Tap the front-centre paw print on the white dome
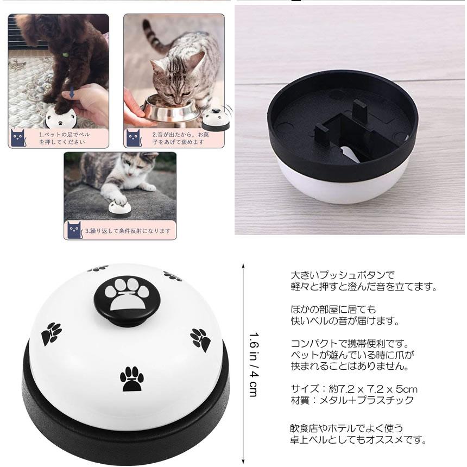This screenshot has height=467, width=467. coord(131,378)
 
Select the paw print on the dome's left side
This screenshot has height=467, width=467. coord(51,333)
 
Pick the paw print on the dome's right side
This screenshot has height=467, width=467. coord(200,340)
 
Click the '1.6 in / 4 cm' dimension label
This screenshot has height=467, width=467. coord(254,364)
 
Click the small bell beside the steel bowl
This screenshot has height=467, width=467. coord(216,119)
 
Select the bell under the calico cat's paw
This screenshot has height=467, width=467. coord(119,209)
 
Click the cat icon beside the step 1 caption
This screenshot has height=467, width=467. coord(18,137)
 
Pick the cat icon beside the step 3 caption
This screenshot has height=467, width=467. coord(75,230)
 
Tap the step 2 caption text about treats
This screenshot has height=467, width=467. coord(180,138)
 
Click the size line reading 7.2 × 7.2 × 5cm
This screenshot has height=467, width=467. coord(354,389)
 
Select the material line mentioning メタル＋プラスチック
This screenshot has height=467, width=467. coord(352,400)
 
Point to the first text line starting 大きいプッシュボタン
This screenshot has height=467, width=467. coord(343,275)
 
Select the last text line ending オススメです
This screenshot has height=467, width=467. coord(358,440)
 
